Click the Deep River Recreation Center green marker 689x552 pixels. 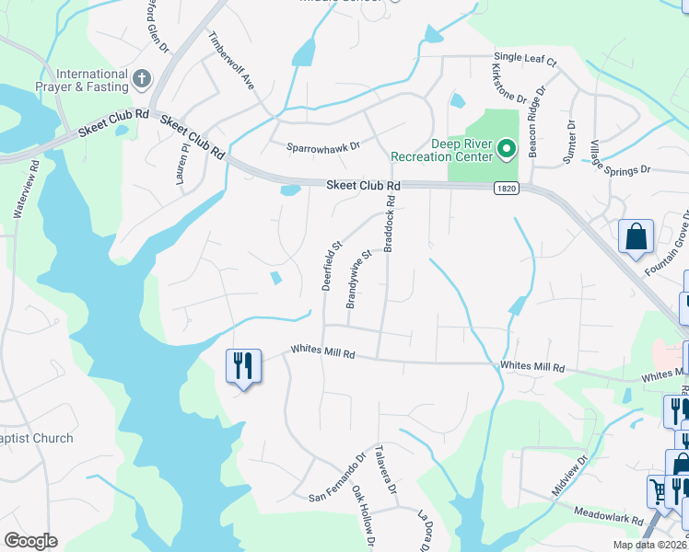click(x=506, y=148)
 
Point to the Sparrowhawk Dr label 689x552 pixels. click(x=322, y=145)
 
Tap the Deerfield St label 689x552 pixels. click(x=331, y=265)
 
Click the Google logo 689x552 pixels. click(x=30, y=541)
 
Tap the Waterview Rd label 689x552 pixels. click(x=25, y=190)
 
